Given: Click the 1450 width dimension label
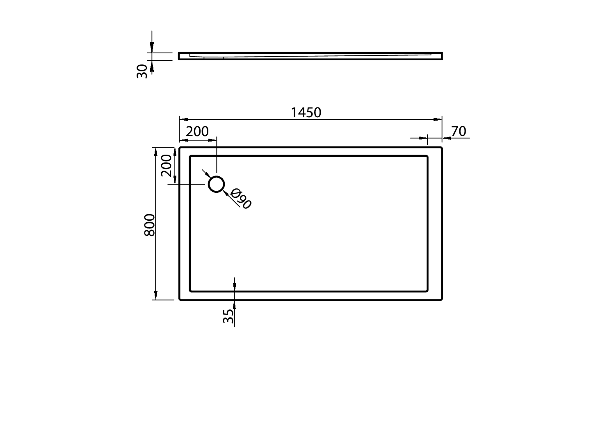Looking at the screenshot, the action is click(x=306, y=112).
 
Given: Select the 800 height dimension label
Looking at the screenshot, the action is click(x=150, y=225).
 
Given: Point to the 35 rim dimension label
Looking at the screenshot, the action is click(x=228, y=316).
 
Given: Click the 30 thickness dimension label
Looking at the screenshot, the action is click(x=142, y=71).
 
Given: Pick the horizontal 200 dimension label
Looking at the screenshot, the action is click(x=197, y=132).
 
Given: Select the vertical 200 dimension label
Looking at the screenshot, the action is click(x=166, y=165).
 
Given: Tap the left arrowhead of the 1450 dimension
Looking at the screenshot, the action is click(x=183, y=119).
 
